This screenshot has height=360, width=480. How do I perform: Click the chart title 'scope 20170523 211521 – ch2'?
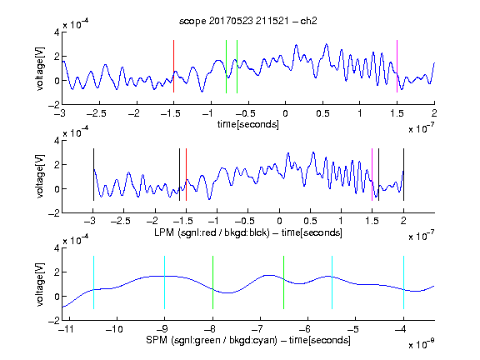248,21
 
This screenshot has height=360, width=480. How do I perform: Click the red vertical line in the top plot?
173,66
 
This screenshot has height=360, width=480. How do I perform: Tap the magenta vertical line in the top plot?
397,66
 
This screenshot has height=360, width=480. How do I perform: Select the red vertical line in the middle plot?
186,174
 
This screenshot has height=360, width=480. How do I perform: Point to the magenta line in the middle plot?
372,174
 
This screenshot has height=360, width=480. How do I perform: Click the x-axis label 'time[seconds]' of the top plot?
248,124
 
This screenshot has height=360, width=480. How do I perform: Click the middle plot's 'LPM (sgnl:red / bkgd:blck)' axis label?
212,232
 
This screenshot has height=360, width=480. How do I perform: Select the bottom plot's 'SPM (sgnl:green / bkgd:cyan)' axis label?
212,340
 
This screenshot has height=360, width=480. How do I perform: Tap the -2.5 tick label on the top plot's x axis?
97,113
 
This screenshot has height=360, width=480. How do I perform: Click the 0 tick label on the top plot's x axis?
285,113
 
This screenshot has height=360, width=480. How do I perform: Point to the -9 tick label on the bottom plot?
162,329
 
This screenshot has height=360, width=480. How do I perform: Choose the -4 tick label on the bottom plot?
401,329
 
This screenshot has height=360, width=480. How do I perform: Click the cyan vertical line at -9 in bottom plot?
165,282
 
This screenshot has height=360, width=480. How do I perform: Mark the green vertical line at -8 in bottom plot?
212,282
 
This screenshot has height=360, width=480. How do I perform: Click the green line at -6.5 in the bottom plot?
284,282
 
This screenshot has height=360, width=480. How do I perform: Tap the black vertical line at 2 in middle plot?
404,174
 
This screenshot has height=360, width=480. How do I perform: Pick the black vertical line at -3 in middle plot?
93,174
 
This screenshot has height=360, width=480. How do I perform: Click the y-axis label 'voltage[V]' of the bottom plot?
40,284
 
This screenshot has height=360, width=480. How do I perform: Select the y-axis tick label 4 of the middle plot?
57,141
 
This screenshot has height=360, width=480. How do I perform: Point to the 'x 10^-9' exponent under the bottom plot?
422,344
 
